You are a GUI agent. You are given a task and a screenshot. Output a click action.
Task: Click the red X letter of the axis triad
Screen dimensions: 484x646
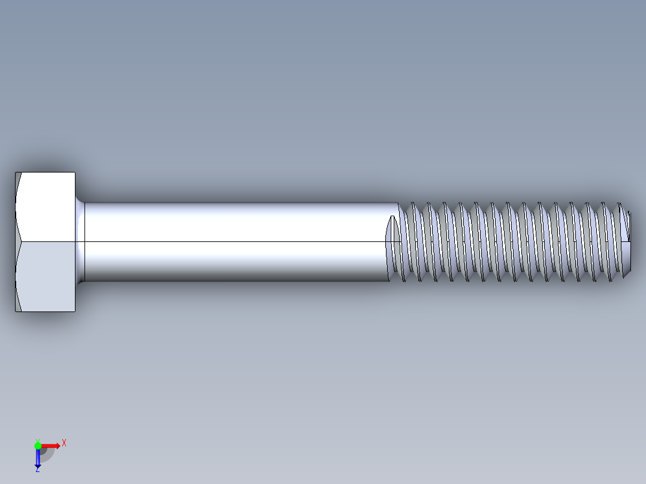[x=64, y=443]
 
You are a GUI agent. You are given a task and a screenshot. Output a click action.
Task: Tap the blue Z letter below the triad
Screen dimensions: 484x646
[x=37, y=470]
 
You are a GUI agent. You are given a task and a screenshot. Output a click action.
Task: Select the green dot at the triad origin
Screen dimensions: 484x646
[x=38, y=445]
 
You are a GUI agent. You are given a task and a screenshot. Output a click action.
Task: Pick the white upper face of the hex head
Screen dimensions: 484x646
[x=47, y=207]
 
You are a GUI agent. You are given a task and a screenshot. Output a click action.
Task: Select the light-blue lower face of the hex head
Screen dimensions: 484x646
[x=47, y=276]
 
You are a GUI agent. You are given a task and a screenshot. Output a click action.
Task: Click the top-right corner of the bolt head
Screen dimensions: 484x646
[x=75, y=173]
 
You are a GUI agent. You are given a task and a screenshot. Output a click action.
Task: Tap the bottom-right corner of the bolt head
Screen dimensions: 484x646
[x=75, y=311]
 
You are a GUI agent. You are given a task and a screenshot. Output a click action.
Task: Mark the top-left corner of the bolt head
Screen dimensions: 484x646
[x=16, y=173]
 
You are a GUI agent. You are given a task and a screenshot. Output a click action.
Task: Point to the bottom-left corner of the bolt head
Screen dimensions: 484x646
[x=16, y=311]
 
